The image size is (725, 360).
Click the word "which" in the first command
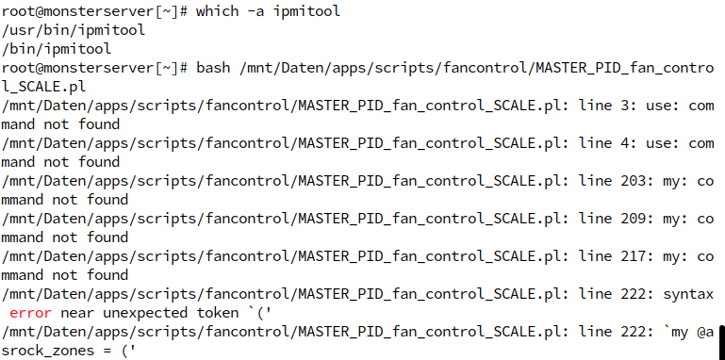coord(218,11)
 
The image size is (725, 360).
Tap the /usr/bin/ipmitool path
coord(73,30)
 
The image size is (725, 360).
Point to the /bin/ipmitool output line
coord(57,49)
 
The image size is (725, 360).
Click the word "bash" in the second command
coord(213,68)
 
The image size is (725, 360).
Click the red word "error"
coord(30,313)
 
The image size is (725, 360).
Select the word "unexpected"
coord(145,313)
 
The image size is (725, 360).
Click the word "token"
coord(218,313)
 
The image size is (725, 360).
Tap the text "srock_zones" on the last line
coord(48,351)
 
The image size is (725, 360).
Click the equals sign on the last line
coord(107,351)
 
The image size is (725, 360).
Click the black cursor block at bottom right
coord(721,338)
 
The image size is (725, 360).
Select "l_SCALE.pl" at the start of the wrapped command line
coord(44,87)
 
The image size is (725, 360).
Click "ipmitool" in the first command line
coord(306,11)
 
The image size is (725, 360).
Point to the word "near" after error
coord(77,313)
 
